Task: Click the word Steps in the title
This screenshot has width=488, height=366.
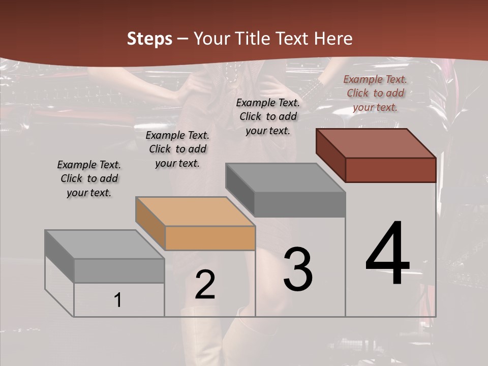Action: (x=149, y=39)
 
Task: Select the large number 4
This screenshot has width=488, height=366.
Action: (x=387, y=254)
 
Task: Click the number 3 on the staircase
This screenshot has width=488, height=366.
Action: (x=298, y=269)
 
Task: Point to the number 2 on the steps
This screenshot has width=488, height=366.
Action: (x=205, y=285)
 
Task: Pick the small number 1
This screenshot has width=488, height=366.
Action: (x=118, y=300)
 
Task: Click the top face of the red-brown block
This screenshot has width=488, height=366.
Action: (x=376, y=143)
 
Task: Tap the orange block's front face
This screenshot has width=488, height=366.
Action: (x=210, y=238)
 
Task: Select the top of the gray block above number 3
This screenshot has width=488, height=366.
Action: (x=286, y=178)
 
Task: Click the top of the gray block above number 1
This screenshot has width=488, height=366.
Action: (x=104, y=245)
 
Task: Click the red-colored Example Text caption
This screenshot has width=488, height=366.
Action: (x=375, y=93)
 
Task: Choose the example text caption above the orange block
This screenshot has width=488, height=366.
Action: (x=177, y=149)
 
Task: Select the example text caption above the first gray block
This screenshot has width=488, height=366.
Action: (x=89, y=178)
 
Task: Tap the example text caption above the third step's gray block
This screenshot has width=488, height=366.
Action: (x=268, y=116)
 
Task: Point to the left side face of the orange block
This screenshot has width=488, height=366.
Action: (x=150, y=223)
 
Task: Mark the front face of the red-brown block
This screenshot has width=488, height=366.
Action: (x=390, y=170)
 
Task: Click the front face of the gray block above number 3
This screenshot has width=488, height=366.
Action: (x=300, y=205)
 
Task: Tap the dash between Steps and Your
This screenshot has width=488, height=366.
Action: (x=183, y=39)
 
